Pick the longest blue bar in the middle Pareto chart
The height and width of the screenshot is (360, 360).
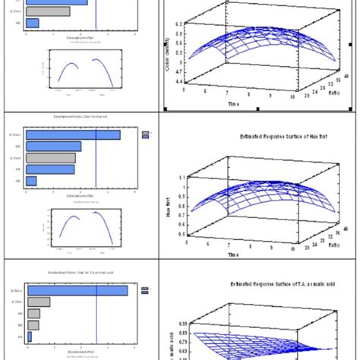[x=73, y=134]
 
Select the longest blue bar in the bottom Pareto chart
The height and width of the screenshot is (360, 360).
[x=76, y=289]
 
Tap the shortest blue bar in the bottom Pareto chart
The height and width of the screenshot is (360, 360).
[x=30, y=336]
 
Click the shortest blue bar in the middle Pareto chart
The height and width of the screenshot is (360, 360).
[x=31, y=181]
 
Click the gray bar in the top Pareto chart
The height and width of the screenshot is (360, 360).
[x=47, y=11]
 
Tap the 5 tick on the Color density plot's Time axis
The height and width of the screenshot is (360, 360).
[x=185, y=89]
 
